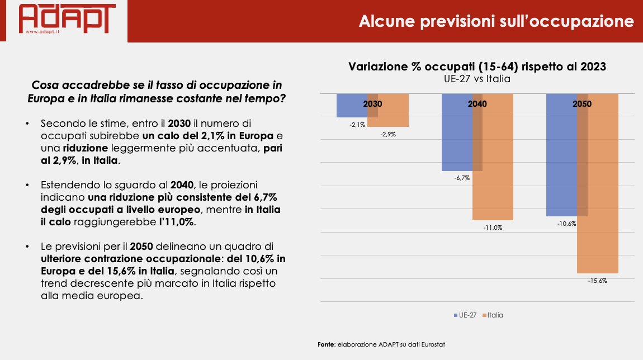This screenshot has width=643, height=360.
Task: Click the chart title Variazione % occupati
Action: click(x=477, y=67)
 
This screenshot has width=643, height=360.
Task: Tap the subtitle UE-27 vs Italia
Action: click(x=477, y=79)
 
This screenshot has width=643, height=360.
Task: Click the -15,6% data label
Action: click(x=598, y=281)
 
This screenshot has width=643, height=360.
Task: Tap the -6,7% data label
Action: click(x=462, y=178)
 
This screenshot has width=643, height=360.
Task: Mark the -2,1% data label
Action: click(x=357, y=124)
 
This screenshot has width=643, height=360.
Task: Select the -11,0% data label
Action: click(x=493, y=228)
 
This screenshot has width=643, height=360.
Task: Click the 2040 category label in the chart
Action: click(x=477, y=104)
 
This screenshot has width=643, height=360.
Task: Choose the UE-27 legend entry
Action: click(x=466, y=315)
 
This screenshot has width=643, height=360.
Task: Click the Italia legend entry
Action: click(x=494, y=315)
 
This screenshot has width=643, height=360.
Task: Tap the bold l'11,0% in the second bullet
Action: click(x=178, y=221)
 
